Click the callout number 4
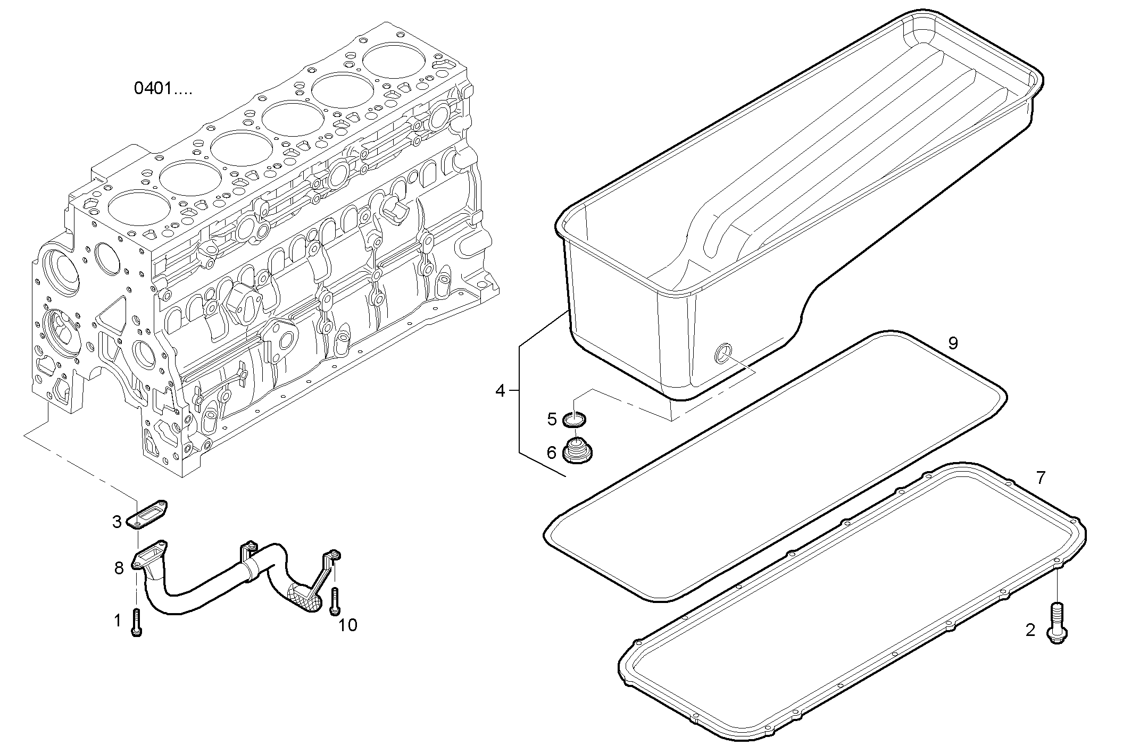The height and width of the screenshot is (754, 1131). [500, 391]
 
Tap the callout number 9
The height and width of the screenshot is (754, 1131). [953, 344]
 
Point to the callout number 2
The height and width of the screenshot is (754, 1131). [1030, 630]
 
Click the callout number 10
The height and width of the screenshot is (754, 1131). [348, 625]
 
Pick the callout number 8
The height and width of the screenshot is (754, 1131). [119, 568]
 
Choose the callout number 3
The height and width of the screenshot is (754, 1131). [117, 522]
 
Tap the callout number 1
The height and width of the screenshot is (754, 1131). [118, 620]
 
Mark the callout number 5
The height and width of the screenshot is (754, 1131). [552, 419]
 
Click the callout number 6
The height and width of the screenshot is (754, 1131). [552, 453]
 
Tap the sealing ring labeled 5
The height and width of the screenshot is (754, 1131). [575, 420]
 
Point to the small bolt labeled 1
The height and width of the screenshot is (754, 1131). [136, 622]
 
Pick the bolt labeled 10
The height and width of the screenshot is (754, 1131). [335, 601]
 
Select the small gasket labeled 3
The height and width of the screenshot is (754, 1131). [147, 516]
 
